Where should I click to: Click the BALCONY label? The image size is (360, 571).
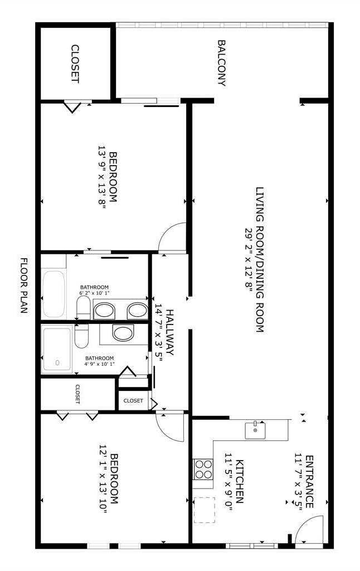[221, 63]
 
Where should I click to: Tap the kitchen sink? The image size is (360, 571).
[255, 431]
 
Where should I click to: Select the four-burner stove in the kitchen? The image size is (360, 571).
[203, 470]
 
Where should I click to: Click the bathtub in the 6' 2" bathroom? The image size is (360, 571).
[53, 294]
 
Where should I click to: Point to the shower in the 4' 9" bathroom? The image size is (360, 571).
[57, 350]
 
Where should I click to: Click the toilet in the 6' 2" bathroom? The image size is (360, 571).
[84, 307]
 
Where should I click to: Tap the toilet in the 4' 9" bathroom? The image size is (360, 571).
[81, 336]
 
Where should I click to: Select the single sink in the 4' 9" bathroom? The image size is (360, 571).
[123, 333]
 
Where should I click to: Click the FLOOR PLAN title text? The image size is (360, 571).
[23, 286]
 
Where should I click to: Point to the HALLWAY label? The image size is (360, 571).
[170, 332]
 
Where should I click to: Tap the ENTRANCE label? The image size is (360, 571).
[309, 481]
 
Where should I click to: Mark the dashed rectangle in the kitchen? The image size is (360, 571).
[205, 510]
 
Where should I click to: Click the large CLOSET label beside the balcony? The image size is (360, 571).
[75, 64]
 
